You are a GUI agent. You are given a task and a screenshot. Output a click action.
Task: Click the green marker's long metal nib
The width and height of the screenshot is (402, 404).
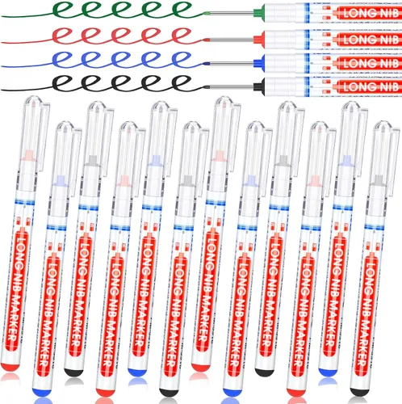click(232, 12)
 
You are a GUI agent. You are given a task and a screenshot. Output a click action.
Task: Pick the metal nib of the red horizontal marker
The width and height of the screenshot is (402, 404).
click(232, 40)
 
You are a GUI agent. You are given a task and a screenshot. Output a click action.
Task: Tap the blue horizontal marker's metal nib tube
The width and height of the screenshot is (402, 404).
click(232, 64)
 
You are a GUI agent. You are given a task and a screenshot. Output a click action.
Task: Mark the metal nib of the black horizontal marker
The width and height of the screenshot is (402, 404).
click(232, 86)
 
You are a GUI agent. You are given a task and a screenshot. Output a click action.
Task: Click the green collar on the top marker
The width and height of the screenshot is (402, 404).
click(259, 12)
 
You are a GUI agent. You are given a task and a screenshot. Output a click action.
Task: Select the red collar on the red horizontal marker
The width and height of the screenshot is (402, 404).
click(259, 40)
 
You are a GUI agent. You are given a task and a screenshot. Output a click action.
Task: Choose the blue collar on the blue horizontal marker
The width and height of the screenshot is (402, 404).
click(259, 63)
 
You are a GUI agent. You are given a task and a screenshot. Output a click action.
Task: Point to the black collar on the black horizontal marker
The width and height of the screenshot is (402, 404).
click(259, 86)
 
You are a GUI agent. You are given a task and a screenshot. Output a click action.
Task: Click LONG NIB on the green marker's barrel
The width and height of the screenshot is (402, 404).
click(371, 13)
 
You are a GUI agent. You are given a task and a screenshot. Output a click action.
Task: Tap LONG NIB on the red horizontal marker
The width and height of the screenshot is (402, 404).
click(371, 40)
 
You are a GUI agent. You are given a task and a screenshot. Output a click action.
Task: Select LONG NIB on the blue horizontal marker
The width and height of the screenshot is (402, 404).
click(371, 64)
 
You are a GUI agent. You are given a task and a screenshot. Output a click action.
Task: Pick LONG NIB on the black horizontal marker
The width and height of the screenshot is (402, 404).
click(371, 86)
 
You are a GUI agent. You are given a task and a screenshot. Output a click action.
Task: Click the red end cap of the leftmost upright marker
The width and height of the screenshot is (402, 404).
click(10, 366)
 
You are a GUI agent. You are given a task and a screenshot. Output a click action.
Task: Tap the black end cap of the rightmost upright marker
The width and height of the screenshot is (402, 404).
click(359, 392)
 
